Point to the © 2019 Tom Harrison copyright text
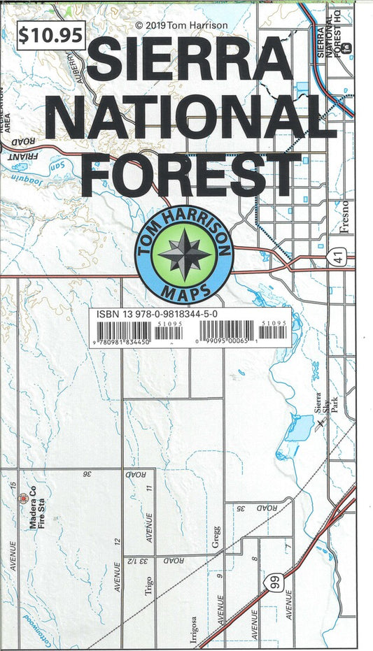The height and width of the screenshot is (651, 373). [x=181, y=25]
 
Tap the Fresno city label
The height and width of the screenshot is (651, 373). [x=344, y=218]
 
